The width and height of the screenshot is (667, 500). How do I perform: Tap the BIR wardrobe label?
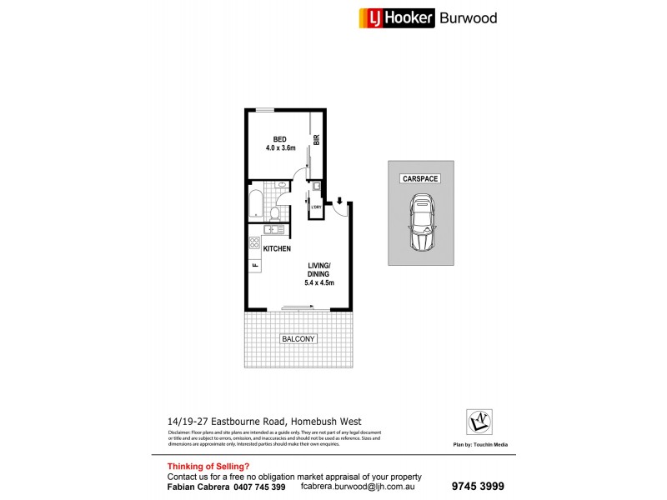tap(317, 142)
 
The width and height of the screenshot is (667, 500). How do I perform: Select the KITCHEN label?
tap(277, 249)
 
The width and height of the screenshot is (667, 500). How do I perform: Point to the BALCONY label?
tap(298, 339)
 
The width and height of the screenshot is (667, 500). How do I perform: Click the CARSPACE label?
tap(420, 179)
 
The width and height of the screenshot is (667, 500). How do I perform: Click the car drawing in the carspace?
tap(420, 222)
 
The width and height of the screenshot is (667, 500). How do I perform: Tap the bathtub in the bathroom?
tap(255, 203)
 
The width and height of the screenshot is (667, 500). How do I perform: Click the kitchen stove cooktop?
tap(253, 244)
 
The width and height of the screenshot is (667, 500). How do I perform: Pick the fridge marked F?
tap(254, 265)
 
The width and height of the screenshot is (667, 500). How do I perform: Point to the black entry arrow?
tap(339, 201)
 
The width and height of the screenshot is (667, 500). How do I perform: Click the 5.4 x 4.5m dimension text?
tap(319, 283)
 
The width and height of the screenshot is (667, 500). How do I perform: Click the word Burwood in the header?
tap(469, 17)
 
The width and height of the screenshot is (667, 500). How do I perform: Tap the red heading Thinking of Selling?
tap(208, 466)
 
